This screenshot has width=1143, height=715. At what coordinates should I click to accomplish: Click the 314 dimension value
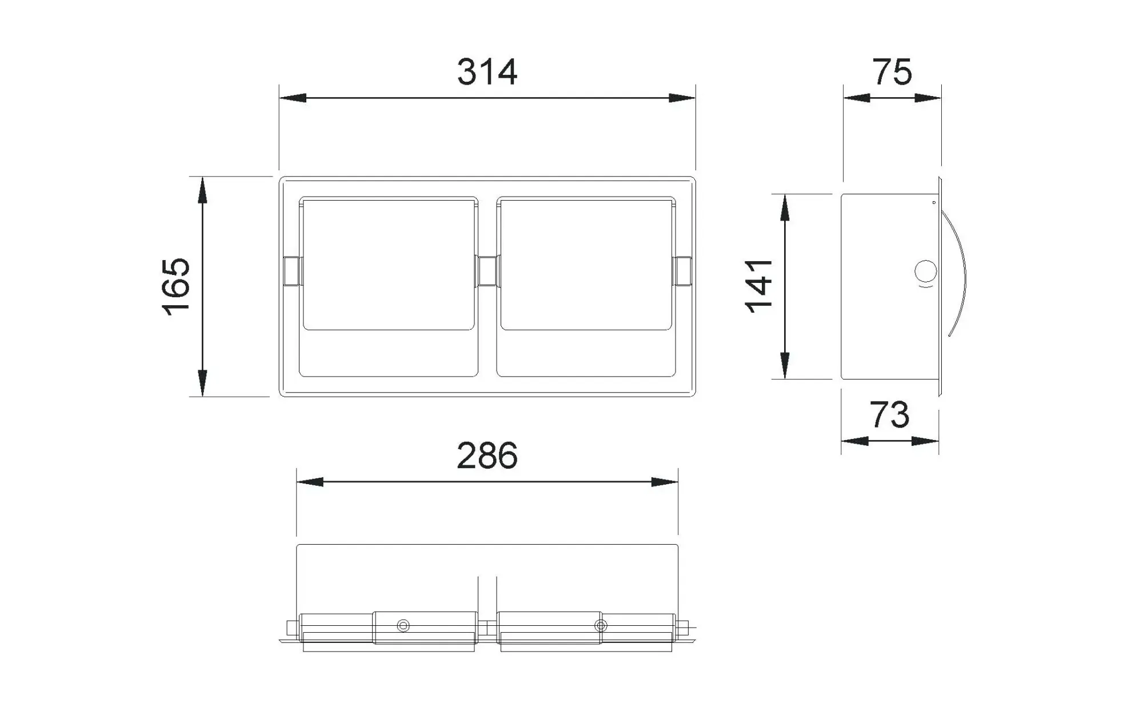click(487, 73)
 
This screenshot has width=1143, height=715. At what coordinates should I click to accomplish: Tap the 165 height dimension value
click(177, 287)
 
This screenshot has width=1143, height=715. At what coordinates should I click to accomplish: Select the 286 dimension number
click(487, 456)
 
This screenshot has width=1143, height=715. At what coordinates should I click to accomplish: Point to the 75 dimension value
click(892, 73)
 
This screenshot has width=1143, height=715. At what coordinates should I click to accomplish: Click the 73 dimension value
click(889, 415)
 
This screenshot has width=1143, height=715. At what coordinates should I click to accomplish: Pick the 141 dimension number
click(759, 286)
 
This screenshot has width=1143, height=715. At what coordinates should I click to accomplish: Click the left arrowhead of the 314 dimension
click(293, 98)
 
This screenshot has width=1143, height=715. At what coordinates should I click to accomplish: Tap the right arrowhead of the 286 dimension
click(665, 482)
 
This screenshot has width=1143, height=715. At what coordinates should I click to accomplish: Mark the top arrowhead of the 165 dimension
click(202, 190)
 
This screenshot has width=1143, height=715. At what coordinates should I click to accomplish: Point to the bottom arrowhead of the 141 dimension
click(785, 366)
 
